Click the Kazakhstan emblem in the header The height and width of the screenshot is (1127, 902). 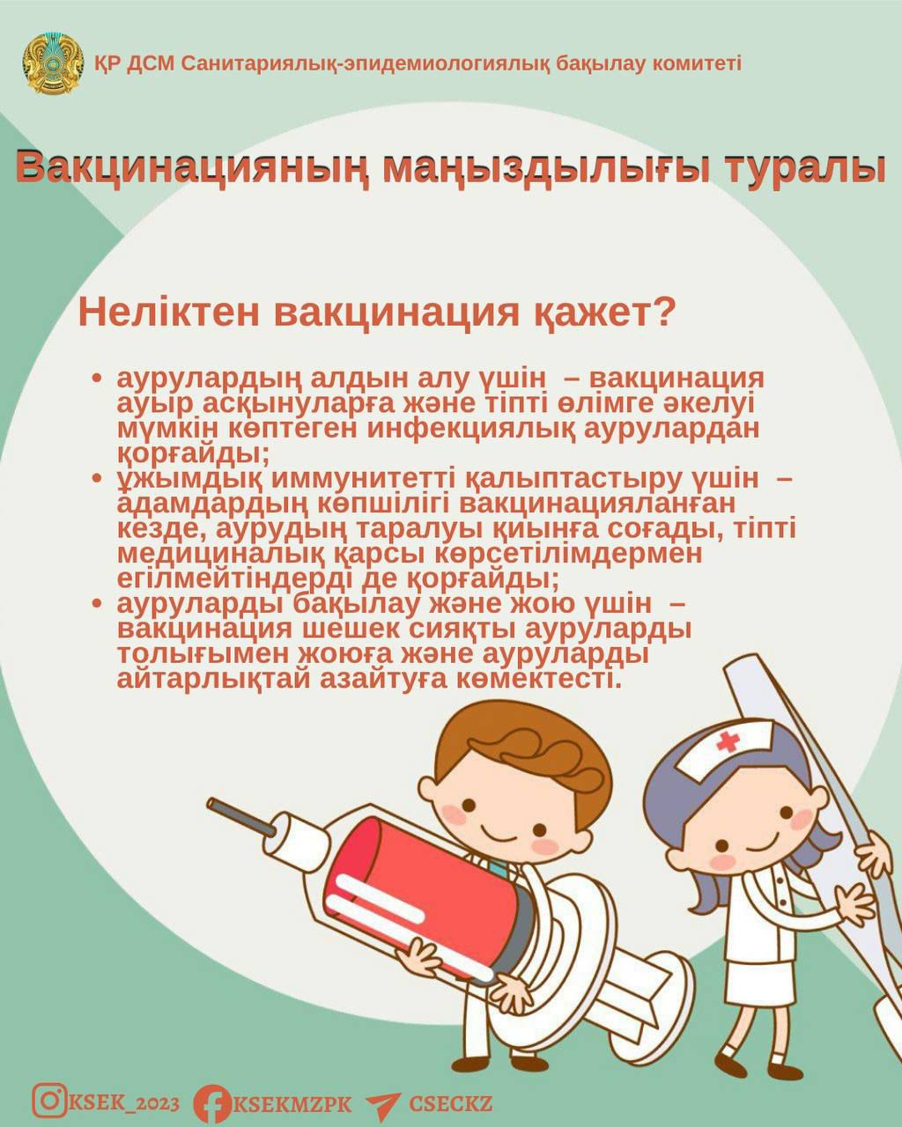(53, 63)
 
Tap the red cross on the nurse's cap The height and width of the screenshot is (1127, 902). (728, 740)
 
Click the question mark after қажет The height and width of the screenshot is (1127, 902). (664, 313)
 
